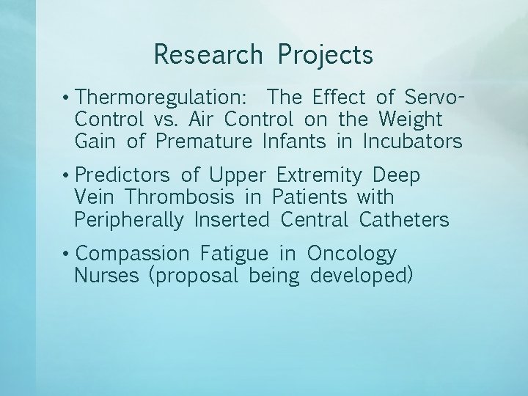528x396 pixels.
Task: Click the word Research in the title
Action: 208,55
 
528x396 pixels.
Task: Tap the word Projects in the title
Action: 325,55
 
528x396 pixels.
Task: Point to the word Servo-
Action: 435,97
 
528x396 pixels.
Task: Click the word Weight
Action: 411,119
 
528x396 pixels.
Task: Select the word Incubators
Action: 413,141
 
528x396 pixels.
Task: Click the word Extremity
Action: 319,176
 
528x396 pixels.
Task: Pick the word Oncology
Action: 352,254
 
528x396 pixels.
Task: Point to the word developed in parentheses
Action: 362,276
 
